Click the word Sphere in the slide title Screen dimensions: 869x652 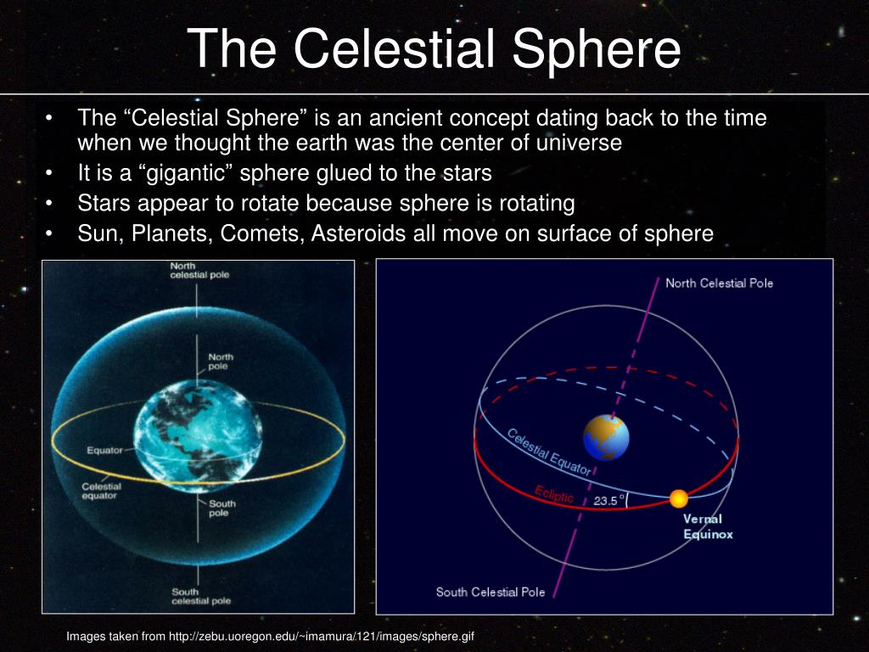pos(596,50)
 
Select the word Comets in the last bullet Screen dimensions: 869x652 pos(263,233)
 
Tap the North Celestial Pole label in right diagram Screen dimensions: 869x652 pos(719,284)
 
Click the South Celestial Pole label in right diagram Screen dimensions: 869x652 pos(491,592)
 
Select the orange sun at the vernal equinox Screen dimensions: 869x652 pos(678,498)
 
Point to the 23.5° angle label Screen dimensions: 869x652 pos(608,500)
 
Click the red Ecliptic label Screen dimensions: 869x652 pos(554,494)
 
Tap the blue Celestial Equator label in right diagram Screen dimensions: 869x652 pos(549,452)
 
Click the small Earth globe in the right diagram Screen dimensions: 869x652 pos(606,437)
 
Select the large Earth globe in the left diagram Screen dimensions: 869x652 pos(198,436)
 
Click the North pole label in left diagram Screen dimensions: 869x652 pos(221,362)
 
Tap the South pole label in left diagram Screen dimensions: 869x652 pos(222,509)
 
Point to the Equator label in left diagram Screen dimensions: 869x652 pos(104,450)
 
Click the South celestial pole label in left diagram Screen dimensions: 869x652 pos(200,597)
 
